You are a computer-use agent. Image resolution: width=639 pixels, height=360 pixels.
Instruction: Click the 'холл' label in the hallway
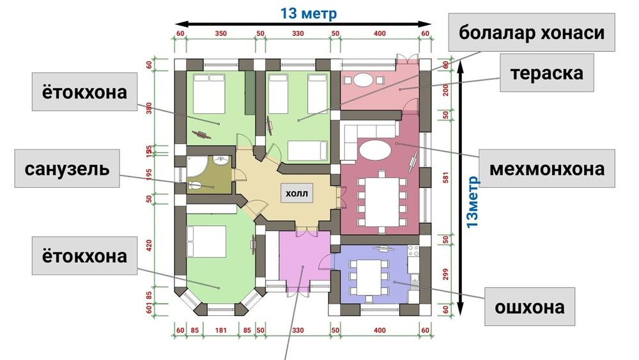click(296, 194)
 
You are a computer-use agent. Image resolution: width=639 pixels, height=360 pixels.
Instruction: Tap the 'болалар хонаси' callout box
click(532, 33)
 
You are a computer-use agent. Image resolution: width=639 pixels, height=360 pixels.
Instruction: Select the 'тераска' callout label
click(547, 73)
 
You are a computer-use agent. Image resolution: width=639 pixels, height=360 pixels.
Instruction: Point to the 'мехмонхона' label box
click(547, 168)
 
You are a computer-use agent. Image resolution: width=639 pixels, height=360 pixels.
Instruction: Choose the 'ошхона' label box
click(530, 306)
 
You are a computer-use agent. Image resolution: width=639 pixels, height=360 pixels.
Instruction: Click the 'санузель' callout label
click(67, 168)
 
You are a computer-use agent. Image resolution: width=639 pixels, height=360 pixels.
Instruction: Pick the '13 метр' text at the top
click(309, 13)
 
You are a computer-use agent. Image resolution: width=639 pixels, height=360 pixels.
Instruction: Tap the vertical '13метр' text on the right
click(472, 202)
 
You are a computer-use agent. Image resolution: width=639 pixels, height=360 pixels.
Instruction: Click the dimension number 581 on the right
click(445, 177)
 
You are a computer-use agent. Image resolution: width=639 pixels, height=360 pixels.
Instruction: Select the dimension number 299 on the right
click(445, 274)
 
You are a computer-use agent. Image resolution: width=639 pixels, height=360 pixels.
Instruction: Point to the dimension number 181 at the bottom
click(220, 330)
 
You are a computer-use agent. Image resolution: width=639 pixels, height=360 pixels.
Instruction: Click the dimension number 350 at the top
click(221, 33)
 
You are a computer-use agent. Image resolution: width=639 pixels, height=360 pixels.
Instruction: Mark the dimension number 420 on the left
click(149, 246)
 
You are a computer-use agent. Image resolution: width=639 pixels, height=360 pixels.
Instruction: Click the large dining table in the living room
click(382, 202)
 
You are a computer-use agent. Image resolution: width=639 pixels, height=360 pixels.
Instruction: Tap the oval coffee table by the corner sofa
click(375, 150)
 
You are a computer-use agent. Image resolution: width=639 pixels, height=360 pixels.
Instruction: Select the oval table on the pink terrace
click(363, 79)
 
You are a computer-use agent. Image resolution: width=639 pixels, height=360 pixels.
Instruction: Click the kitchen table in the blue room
click(369, 278)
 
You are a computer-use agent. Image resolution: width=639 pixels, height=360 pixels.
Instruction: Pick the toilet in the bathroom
click(194, 185)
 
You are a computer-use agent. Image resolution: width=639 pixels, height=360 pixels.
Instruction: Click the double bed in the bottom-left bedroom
click(206, 241)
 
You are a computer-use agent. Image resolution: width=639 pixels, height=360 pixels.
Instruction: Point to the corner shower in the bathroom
click(196, 166)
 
